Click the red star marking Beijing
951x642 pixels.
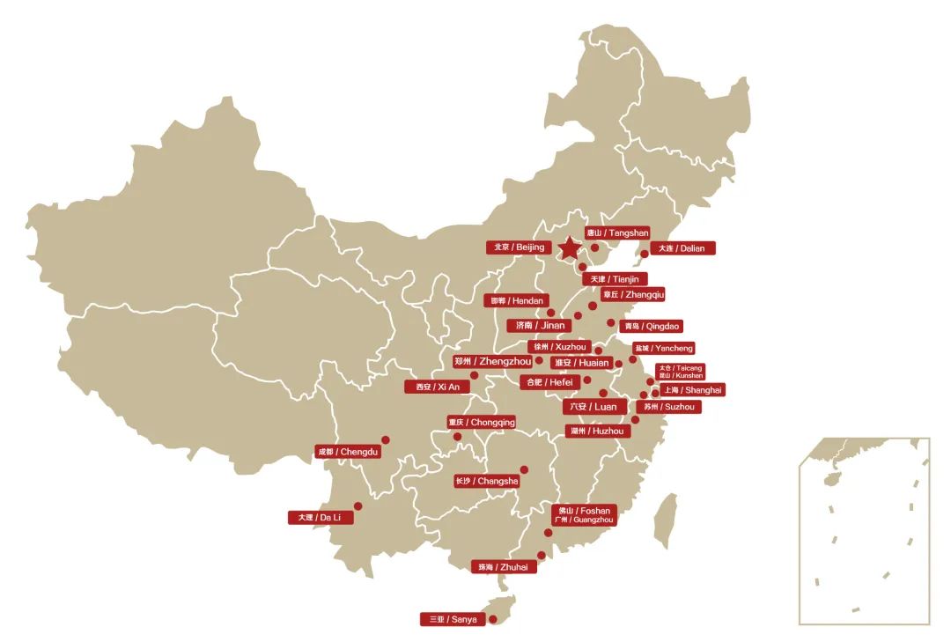[x=570, y=248]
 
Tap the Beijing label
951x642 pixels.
[x=520, y=247]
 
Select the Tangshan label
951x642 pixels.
[x=618, y=233]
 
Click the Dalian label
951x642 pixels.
[x=682, y=248]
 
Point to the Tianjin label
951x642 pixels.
[x=615, y=279]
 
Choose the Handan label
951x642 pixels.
[x=518, y=301]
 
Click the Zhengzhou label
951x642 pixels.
[x=493, y=361]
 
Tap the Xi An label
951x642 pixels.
[x=438, y=387]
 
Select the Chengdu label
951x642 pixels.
[x=348, y=452]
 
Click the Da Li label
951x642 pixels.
[x=321, y=518]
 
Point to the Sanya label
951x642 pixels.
[x=453, y=619]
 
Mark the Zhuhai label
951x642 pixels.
[x=503, y=567]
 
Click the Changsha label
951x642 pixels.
[x=486, y=482]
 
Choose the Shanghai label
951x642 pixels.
[x=692, y=390]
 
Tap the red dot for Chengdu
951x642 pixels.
[x=385, y=439]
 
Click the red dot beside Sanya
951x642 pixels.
[x=492, y=619]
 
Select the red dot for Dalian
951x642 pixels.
[x=644, y=254]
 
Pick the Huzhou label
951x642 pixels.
[x=597, y=432]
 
